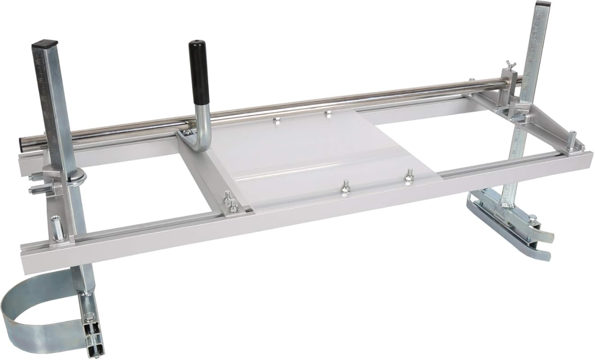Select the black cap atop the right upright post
pyautogui.click(x=543, y=4)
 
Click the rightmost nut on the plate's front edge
pyautogui.click(x=409, y=175)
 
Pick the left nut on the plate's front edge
pyautogui.click(x=345, y=186)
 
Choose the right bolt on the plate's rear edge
pyautogui.click(x=328, y=112)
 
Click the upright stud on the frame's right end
pyautogui.click(x=571, y=140)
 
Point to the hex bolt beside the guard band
pyautogui.click(x=88, y=316)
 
